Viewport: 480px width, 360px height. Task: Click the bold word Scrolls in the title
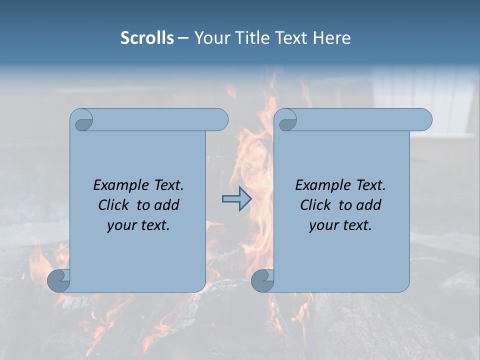point(147,37)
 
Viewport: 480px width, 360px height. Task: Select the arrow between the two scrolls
point(236,199)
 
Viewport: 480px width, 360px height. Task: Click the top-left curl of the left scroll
point(82,120)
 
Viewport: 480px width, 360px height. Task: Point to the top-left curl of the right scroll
point(286,120)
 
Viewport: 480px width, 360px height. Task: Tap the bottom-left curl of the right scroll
point(262,280)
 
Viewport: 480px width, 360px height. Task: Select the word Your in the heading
point(208,37)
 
